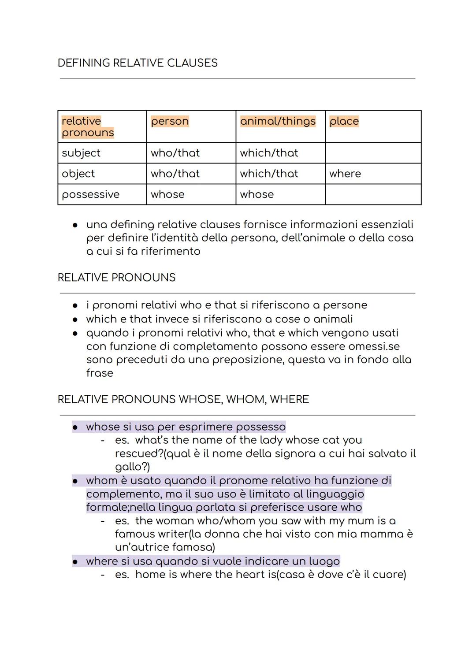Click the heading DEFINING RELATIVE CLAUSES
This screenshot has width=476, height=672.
(138, 63)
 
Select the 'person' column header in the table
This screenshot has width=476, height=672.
(170, 121)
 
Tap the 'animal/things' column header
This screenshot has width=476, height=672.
(278, 121)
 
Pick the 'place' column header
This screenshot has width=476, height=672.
(344, 121)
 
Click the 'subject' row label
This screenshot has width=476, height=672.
(81, 153)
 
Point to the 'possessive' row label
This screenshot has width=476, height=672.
(90, 194)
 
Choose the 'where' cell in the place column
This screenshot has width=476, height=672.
(345, 174)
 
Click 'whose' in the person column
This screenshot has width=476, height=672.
(167, 194)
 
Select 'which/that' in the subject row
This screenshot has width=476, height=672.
(269, 153)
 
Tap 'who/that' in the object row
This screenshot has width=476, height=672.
(175, 174)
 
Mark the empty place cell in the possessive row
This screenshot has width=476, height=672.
(373, 194)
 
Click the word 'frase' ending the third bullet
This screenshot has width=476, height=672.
(100, 373)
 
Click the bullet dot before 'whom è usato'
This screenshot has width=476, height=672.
(75, 481)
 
